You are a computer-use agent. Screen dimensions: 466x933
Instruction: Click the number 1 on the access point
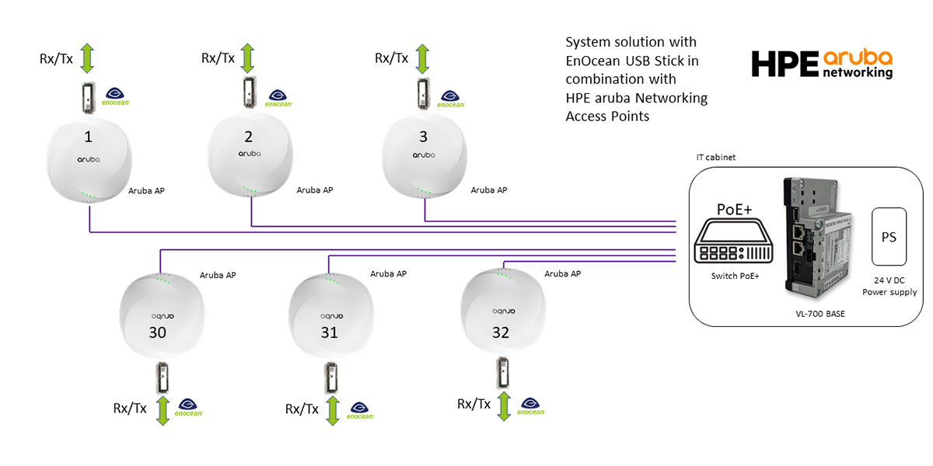[x=88, y=137]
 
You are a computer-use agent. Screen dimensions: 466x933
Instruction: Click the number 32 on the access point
[x=500, y=333]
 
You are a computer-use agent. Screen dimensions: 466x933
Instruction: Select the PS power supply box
[x=889, y=237]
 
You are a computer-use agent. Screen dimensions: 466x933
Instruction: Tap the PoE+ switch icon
[x=735, y=241]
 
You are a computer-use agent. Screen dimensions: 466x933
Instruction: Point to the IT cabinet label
[x=715, y=157]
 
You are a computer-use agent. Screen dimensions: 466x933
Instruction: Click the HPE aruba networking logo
[x=822, y=64]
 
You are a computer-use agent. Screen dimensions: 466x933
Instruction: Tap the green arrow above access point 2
[x=247, y=58]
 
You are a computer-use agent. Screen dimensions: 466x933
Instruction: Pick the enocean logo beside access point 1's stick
[x=116, y=96]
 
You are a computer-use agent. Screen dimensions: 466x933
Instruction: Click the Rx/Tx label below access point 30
[x=130, y=409]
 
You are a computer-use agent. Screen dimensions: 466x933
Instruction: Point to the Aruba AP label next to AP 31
[x=388, y=273]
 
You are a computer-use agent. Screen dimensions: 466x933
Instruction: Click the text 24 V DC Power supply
[x=889, y=287]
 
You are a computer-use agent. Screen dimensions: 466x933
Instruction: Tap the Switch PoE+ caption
[x=735, y=276]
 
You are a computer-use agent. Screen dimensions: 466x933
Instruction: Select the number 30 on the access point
[x=158, y=333]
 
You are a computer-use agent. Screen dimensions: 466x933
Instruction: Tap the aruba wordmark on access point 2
[x=249, y=155]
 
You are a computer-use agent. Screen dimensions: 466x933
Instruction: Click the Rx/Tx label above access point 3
[x=391, y=58]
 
